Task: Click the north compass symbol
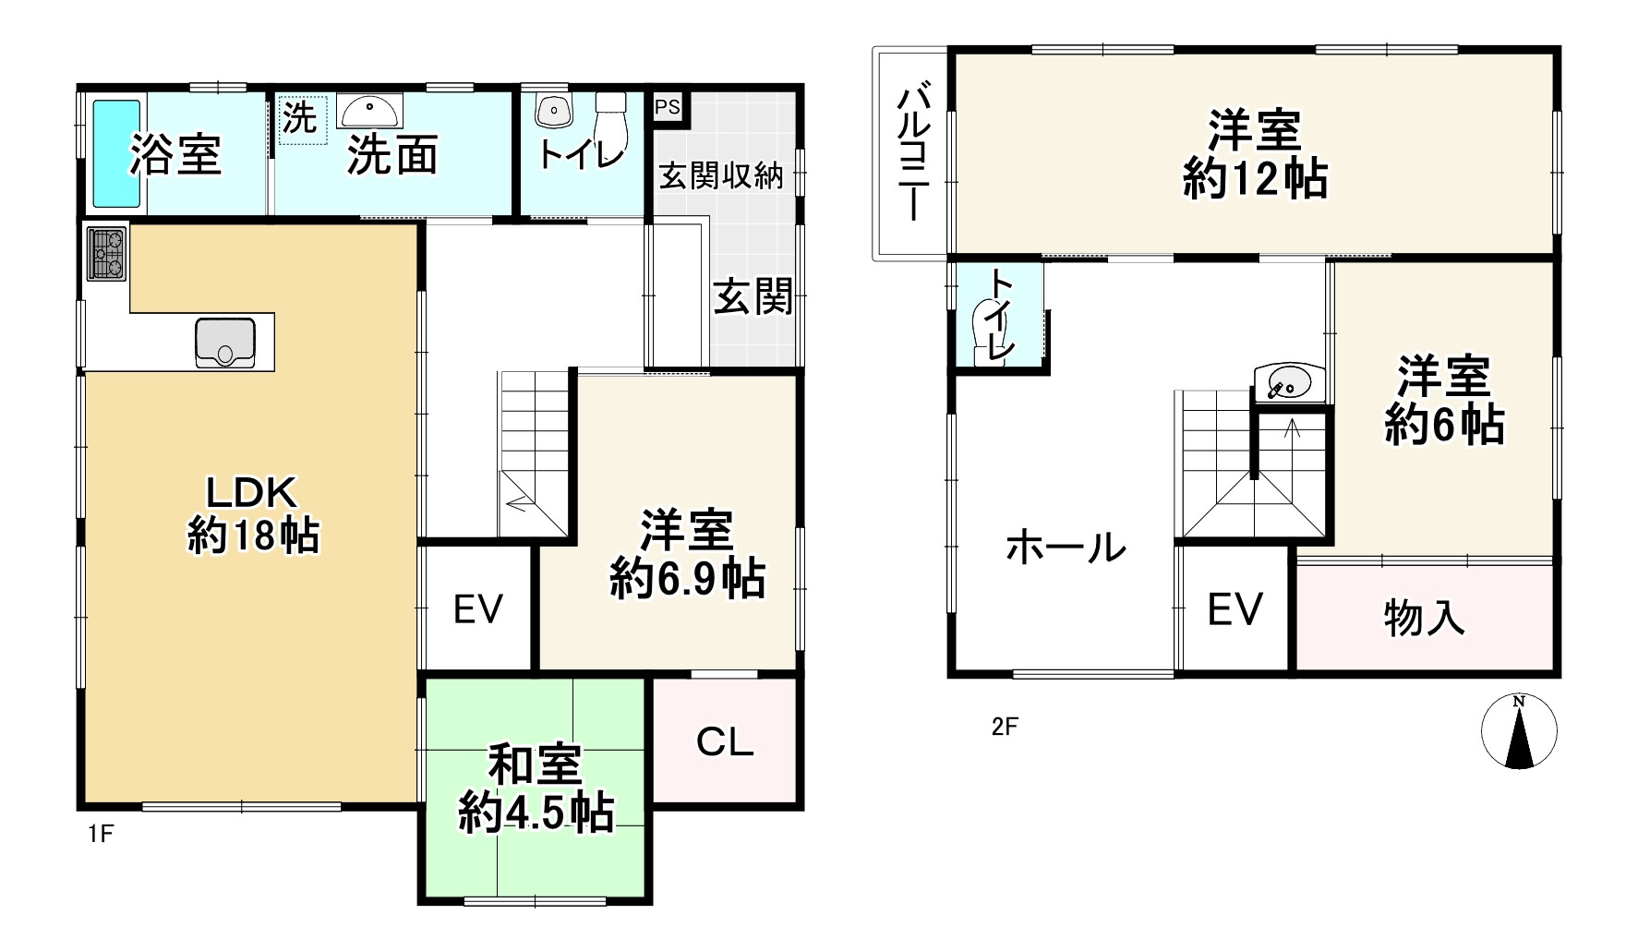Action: pyautogui.click(x=1519, y=730)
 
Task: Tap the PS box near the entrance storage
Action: pyautogui.click(x=667, y=106)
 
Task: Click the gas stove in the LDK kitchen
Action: pyautogui.click(x=107, y=253)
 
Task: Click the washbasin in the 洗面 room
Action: pyautogui.click(x=369, y=113)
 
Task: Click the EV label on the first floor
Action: pyautogui.click(x=478, y=609)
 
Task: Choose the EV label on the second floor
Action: pyautogui.click(x=1235, y=609)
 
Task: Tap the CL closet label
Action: pyautogui.click(x=725, y=740)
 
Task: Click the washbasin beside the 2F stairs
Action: pyautogui.click(x=1289, y=381)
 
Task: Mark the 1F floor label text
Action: pyautogui.click(x=100, y=835)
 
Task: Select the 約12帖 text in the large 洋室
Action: pyautogui.click(x=1255, y=179)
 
